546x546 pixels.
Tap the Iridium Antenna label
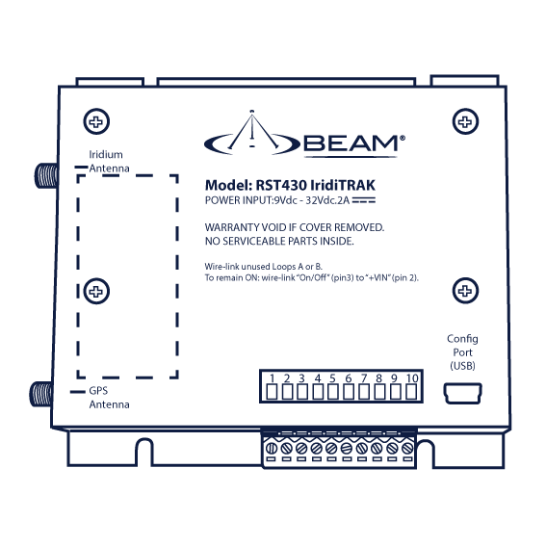109,161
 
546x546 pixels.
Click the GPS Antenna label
109,398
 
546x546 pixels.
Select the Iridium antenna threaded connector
46,175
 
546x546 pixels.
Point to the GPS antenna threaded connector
41,394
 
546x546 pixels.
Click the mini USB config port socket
463,394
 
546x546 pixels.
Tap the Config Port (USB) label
462,352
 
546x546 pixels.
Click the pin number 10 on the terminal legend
412,378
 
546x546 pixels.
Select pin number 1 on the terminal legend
272,378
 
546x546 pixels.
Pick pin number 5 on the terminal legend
332,378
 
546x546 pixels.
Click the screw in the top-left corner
96,121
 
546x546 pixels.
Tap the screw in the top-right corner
465,121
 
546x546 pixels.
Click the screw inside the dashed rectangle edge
96,291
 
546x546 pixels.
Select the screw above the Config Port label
465,291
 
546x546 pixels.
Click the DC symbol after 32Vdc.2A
364,200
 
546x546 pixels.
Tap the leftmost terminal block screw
272,448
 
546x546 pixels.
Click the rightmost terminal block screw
407,448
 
